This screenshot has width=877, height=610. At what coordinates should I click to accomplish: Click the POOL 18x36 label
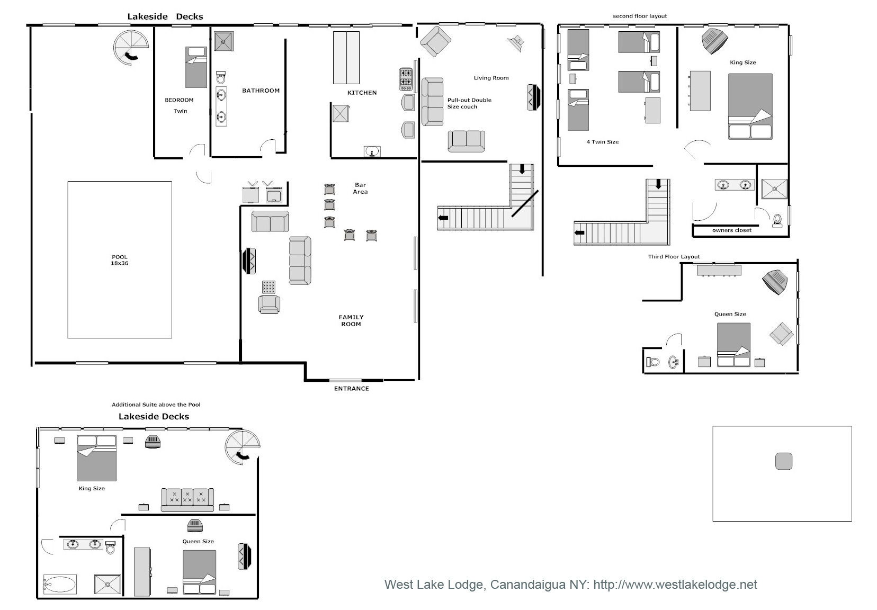click(x=120, y=260)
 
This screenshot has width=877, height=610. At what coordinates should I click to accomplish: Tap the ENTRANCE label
click(x=351, y=389)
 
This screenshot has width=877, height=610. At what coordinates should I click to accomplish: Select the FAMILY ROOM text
click(x=351, y=320)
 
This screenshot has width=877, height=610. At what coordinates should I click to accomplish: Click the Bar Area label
click(x=360, y=189)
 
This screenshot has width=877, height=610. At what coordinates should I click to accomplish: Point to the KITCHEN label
click(x=362, y=93)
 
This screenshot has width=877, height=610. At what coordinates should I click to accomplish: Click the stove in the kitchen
click(x=406, y=79)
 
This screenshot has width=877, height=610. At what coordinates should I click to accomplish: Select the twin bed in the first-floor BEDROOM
click(x=196, y=67)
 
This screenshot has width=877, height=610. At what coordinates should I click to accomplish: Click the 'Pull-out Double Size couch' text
click(x=469, y=103)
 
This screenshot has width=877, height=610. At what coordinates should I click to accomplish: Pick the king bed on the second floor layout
click(x=750, y=106)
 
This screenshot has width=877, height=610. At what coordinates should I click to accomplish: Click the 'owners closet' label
click(x=731, y=230)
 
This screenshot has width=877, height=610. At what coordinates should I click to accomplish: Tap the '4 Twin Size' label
click(x=602, y=142)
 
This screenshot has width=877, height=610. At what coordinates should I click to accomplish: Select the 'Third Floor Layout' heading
click(x=674, y=257)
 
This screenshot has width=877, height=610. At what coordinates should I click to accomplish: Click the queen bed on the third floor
click(x=733, y=345)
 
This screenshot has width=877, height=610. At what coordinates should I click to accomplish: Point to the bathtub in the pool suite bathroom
click(x=59, y=585)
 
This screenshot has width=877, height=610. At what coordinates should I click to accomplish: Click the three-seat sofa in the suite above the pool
click(x=187, y=499)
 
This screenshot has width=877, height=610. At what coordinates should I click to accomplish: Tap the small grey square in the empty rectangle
click(x=783, y=461)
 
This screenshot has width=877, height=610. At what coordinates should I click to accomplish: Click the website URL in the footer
click(x=675, y=585)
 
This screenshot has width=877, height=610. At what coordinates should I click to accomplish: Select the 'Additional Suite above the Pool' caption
click(x=156, y=405)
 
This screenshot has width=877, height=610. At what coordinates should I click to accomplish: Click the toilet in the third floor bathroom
click(x=653, y=362)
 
